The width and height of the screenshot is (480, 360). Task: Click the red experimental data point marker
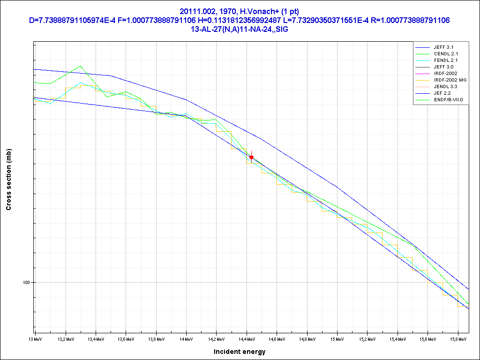(x=252, y=157)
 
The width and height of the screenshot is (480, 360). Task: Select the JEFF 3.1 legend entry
(x=443, y=47)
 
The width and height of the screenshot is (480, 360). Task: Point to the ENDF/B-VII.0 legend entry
(x=448, y=100)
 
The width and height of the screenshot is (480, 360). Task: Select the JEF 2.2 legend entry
(x=442, y=93)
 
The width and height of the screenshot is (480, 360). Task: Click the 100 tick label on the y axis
(x=26, y=283)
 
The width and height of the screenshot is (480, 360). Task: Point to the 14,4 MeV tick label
(x=247, y=338)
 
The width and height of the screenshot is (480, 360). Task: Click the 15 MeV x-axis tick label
(x=337, y=338)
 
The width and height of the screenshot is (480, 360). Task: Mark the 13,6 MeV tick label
(x=126, y=338)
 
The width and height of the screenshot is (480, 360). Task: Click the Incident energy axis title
(x=240, y=352)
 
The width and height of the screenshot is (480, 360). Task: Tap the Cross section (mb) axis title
(x=9, y=180)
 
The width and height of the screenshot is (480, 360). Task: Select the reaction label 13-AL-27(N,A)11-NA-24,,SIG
(x=240, y=29)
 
